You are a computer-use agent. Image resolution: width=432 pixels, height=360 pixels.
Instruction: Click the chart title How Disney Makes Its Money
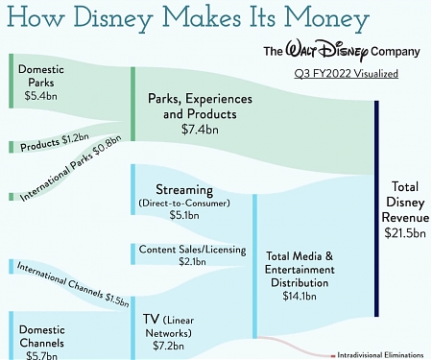(x=188, y=18)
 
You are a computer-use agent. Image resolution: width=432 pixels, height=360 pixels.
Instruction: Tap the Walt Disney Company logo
(x=343, y=51)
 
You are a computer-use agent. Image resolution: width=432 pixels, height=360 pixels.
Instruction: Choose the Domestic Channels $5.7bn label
(x=40, y=336)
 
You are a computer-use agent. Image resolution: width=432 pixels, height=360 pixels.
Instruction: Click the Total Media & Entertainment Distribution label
(x=300, y=269)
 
